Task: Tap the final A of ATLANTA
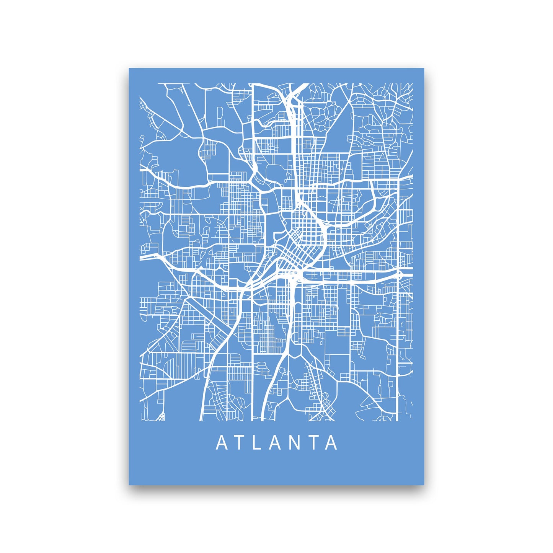331,443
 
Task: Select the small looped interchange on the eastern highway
400,274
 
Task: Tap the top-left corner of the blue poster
129,69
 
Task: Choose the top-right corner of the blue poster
424,69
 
